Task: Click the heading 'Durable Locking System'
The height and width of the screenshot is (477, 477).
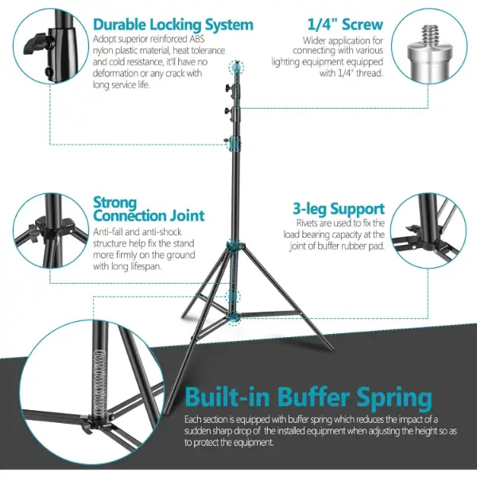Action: (173, 25)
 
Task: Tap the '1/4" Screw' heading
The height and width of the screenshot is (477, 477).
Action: (345, 25)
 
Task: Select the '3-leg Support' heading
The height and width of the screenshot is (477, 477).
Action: (339, 209)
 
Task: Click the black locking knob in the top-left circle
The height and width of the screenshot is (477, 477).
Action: (36, 45)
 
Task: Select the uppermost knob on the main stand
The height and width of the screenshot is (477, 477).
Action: (228, 88)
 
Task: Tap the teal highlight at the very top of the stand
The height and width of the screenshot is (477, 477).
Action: (237, 67)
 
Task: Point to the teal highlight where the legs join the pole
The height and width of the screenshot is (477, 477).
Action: (234, 246)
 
